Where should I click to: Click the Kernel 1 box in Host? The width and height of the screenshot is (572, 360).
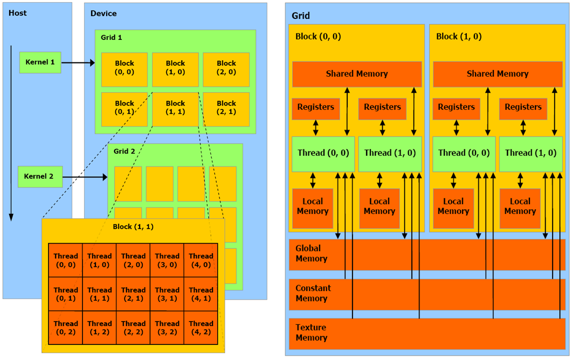coord(39,63)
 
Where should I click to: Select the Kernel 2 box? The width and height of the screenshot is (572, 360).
coord(39,177)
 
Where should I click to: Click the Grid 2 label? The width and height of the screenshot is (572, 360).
coord(125,151)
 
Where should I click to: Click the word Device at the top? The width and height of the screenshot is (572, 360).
coord(104,13)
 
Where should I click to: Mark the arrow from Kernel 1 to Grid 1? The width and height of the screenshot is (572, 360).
coord(78,63)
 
